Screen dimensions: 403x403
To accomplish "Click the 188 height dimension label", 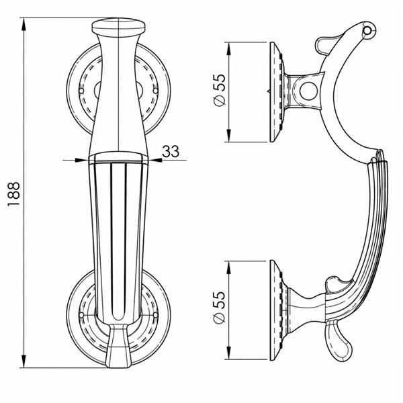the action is [x=13, y=194].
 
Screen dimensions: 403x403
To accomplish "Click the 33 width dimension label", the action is [x=171, y=151].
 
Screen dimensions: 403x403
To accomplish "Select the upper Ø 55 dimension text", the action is [x=219, y=90].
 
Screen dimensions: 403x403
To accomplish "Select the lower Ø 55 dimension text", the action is [x=219, y=308].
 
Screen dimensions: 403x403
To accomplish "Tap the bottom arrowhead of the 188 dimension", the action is [x=24, y=361].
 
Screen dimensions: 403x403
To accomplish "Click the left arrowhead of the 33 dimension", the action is [x=82, y=160].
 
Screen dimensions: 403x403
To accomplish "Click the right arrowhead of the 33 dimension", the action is [x=156, y=160].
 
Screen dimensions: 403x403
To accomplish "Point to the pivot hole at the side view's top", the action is [x=367, y=31].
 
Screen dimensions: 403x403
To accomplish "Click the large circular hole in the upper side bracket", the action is [x=308, y=91].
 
